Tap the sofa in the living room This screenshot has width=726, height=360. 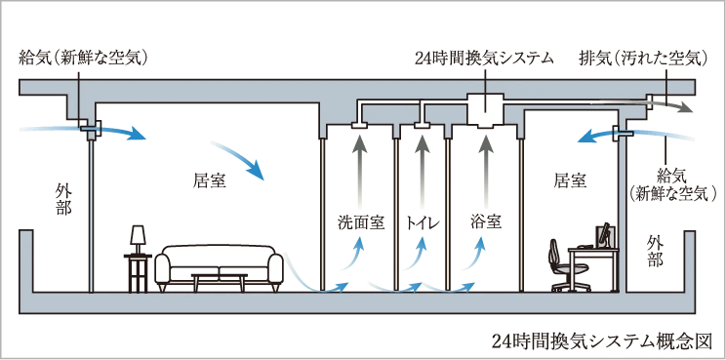click(219, 267)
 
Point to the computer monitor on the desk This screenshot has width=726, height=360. click(605, 236)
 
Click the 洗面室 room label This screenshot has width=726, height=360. click(361, 223)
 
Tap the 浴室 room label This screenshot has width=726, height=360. click(485, 223)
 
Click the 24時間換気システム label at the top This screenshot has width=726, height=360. click(484, 59)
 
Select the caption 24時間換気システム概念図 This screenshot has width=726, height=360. click(601, 341)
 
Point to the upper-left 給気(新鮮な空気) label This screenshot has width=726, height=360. click(83, 59)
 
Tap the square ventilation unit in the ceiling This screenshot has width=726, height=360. click(485, 109)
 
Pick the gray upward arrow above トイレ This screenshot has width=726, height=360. click(422, 168)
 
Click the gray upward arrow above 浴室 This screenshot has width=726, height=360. click(485, 168)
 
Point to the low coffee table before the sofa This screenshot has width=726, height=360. click(220, 281)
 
